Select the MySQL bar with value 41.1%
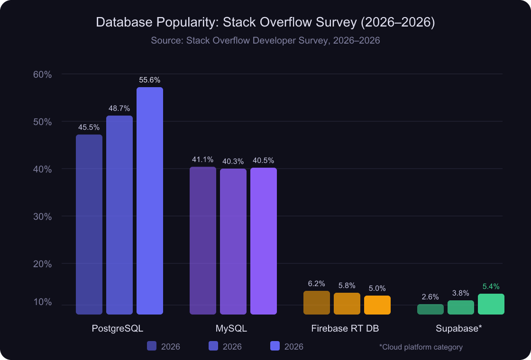click(x=203, y=240)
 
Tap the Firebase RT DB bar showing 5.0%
click(x=377, y=305)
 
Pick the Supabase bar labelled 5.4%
click(x=491, y=304)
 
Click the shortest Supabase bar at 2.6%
click(x=430, y=309)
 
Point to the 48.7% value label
click(x=119, y=108)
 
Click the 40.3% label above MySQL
click(x=233, y=161)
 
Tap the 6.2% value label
click(x=316, y=284)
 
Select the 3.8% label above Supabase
click(x=460, y=293)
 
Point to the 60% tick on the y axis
click(x=42, y=74)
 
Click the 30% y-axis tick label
click(x=42, y=216)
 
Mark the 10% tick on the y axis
click(x=42, y=302)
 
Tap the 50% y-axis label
click(x=42, y=122)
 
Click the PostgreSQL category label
click(x=118, y=328)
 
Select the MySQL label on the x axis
click(x=231, y=328)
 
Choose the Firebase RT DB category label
click(x=345, y=328)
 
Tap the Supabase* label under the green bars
click(x=459, y=328)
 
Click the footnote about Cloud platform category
click(x=421, y=347)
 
